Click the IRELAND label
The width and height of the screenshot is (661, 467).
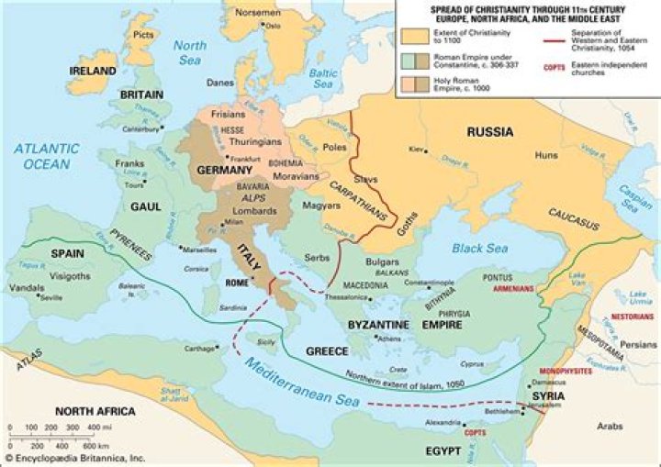[91, 72]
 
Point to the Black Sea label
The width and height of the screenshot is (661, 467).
[479, 249]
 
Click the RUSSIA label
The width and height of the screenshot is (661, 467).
[489, 131]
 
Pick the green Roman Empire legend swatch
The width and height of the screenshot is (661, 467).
[414, 61]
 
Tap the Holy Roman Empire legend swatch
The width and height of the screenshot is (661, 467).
[414, 86]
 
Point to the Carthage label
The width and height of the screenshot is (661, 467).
[198, 350]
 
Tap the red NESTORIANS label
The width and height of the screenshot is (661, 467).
[630, 315]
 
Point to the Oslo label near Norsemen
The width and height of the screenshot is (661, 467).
[273, 27]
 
